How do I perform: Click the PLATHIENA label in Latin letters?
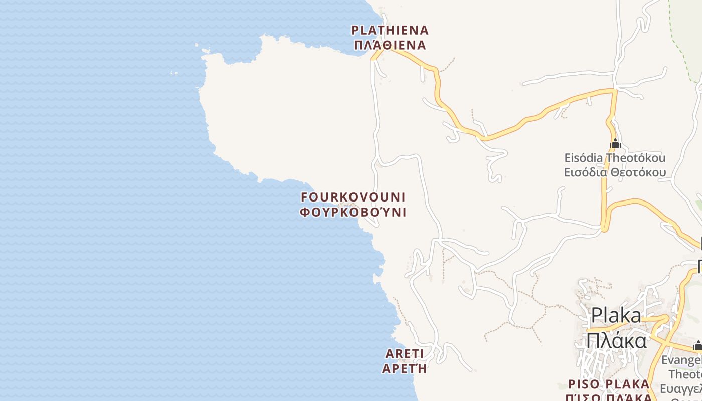(390, 30)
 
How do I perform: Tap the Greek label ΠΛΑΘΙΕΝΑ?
(390, 45)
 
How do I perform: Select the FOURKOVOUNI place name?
(353, 196)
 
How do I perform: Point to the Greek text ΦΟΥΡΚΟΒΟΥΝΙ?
(353, 212)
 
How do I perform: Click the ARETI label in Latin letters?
(405, 354)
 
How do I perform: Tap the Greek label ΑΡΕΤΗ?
(405, 369)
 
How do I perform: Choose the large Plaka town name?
(616, 316)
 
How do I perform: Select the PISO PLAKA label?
(609, 384)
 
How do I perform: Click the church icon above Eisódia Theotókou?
(615, 144)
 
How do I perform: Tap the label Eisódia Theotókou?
(615, 158)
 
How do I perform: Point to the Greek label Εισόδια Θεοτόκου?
(615, 173)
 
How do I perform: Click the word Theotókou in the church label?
(635, 158)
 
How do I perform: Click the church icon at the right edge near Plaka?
(697, 345)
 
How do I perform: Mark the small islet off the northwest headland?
(174, 73)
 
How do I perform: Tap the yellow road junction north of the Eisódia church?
(614, 90)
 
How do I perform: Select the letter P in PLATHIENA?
(355, 30)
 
